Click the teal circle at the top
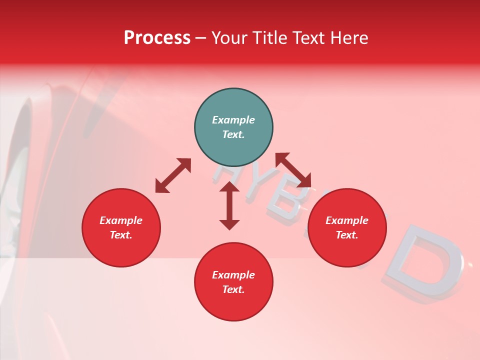coord(233,127)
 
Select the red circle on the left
coord(121,227)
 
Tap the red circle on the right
coord(347,227)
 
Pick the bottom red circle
coord(233,282)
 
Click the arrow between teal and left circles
coord(173,175)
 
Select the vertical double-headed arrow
coord(229,205)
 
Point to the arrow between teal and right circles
coord(293,170)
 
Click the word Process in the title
coord(157,37)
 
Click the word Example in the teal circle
coord(233,120)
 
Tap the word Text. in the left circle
coord(121,235)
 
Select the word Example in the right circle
coord(347,220)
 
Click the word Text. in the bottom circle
coord(233,289)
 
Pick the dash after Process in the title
coord(200,38)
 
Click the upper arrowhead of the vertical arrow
coord(229,187)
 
